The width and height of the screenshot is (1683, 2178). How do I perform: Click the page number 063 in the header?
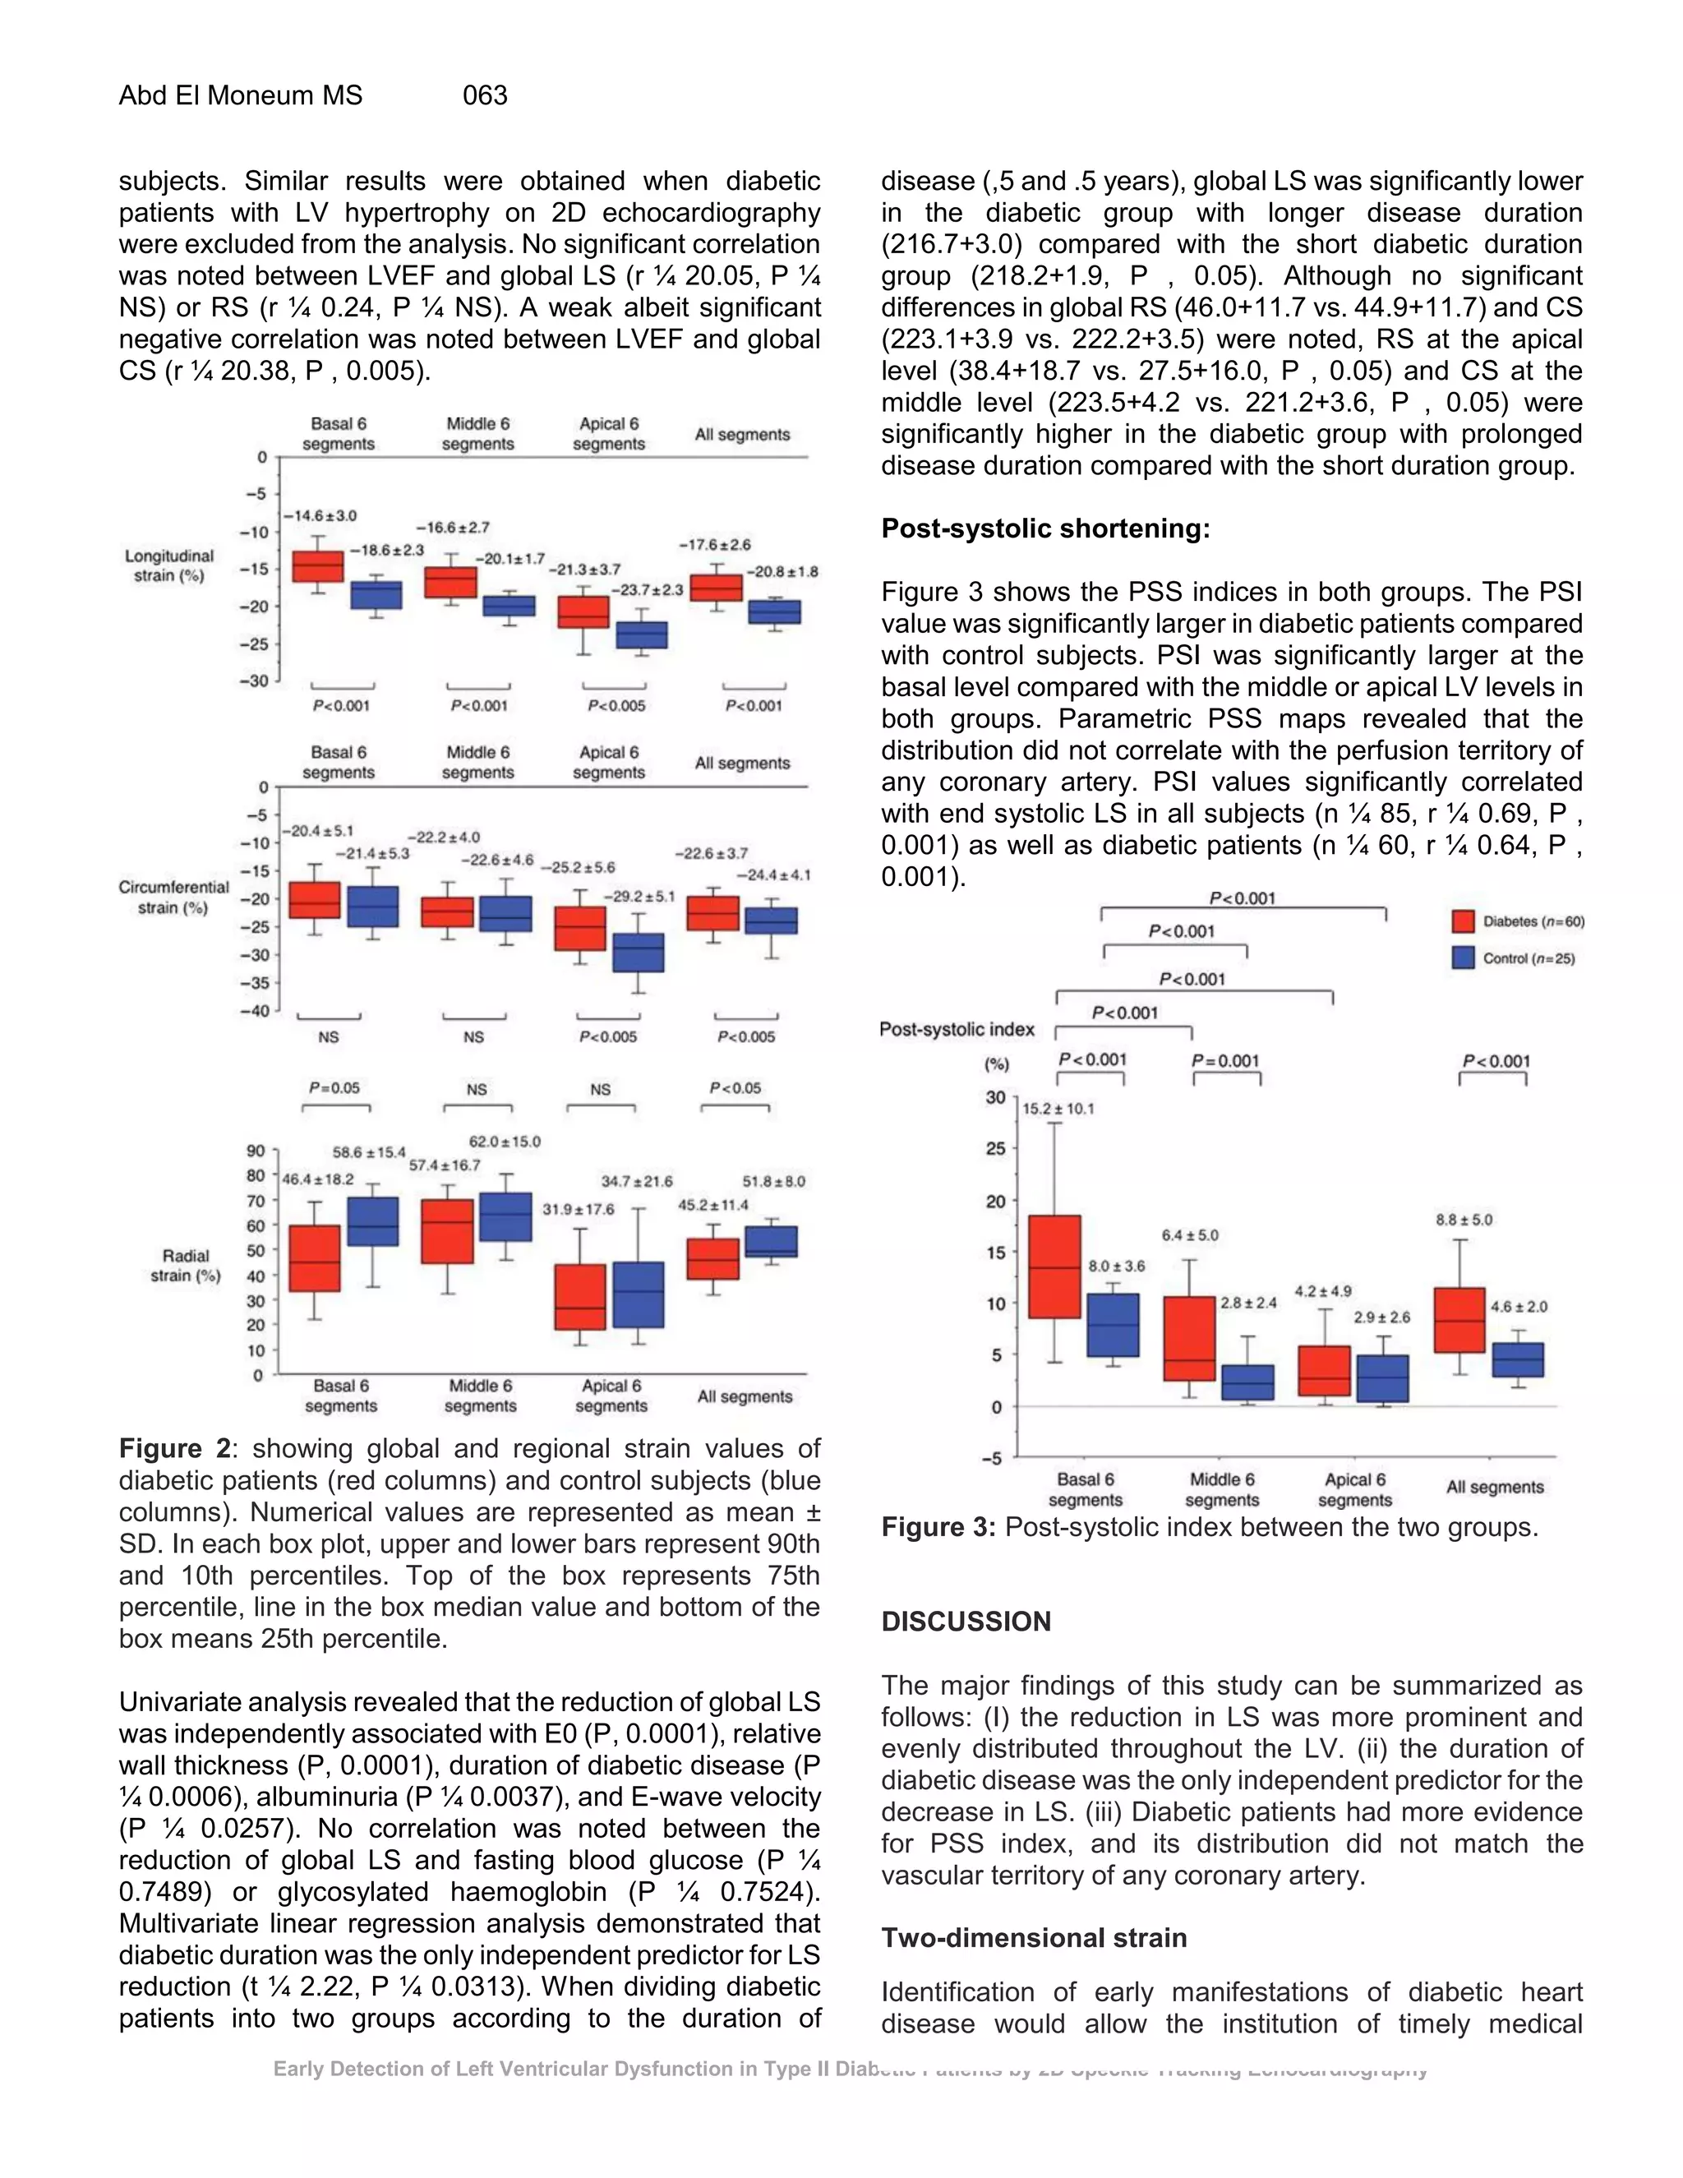click(x=485, y=95)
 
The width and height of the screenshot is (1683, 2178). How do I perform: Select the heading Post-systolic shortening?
click(x=1045, y=528)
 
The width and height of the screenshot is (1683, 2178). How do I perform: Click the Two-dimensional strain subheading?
click(x=1034, y=1938)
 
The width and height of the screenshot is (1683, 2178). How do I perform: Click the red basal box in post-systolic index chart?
click(x=1054, y=1267)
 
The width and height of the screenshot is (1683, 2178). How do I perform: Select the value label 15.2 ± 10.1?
click(x=1058, y=1108)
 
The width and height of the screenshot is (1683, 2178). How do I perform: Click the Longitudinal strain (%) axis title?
click(x=168, y=565)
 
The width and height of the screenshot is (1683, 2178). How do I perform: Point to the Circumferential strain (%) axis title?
click(x=173, y=897)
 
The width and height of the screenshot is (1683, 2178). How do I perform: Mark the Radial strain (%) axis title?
click(x=186, y=1266)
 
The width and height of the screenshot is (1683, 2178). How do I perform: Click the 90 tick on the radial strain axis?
click(x=256, y=1151)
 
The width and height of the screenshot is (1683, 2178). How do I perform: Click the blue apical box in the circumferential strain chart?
click(x=638, y=953)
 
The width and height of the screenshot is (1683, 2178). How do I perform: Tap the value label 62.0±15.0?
click(x=505, y=1142)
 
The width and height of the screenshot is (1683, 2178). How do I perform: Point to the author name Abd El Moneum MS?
click(x=240, y=95)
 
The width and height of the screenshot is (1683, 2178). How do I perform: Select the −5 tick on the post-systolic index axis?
click(x=992, y=1458)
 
